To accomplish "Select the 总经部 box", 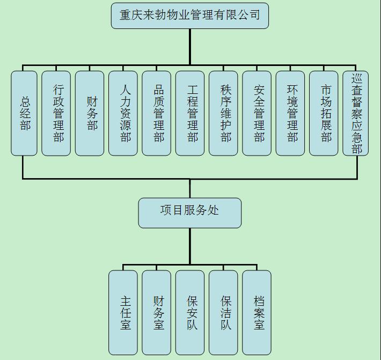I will click(24, 113).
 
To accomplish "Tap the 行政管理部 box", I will click(56, 113).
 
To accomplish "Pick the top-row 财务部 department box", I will click(90, 113).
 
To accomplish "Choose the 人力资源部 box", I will click(123, 113).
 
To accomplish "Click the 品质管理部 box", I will click(157, 113).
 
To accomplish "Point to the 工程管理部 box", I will click(190, 113).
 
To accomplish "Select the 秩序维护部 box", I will click(223, 113).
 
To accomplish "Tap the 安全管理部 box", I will click(257, 113).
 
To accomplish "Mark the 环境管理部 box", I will click(290, 113).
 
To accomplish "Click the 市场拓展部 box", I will click(324, 113).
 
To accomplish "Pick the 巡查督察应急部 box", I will click(356, 113).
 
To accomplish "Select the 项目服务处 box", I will click(189, 213).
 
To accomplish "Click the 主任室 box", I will click(123, 312).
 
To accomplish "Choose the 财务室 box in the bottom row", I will click(157, 312).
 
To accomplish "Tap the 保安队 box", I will click(190, 312).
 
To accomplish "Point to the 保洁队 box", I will click(223, 312).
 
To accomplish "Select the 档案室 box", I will click(257, 312).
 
